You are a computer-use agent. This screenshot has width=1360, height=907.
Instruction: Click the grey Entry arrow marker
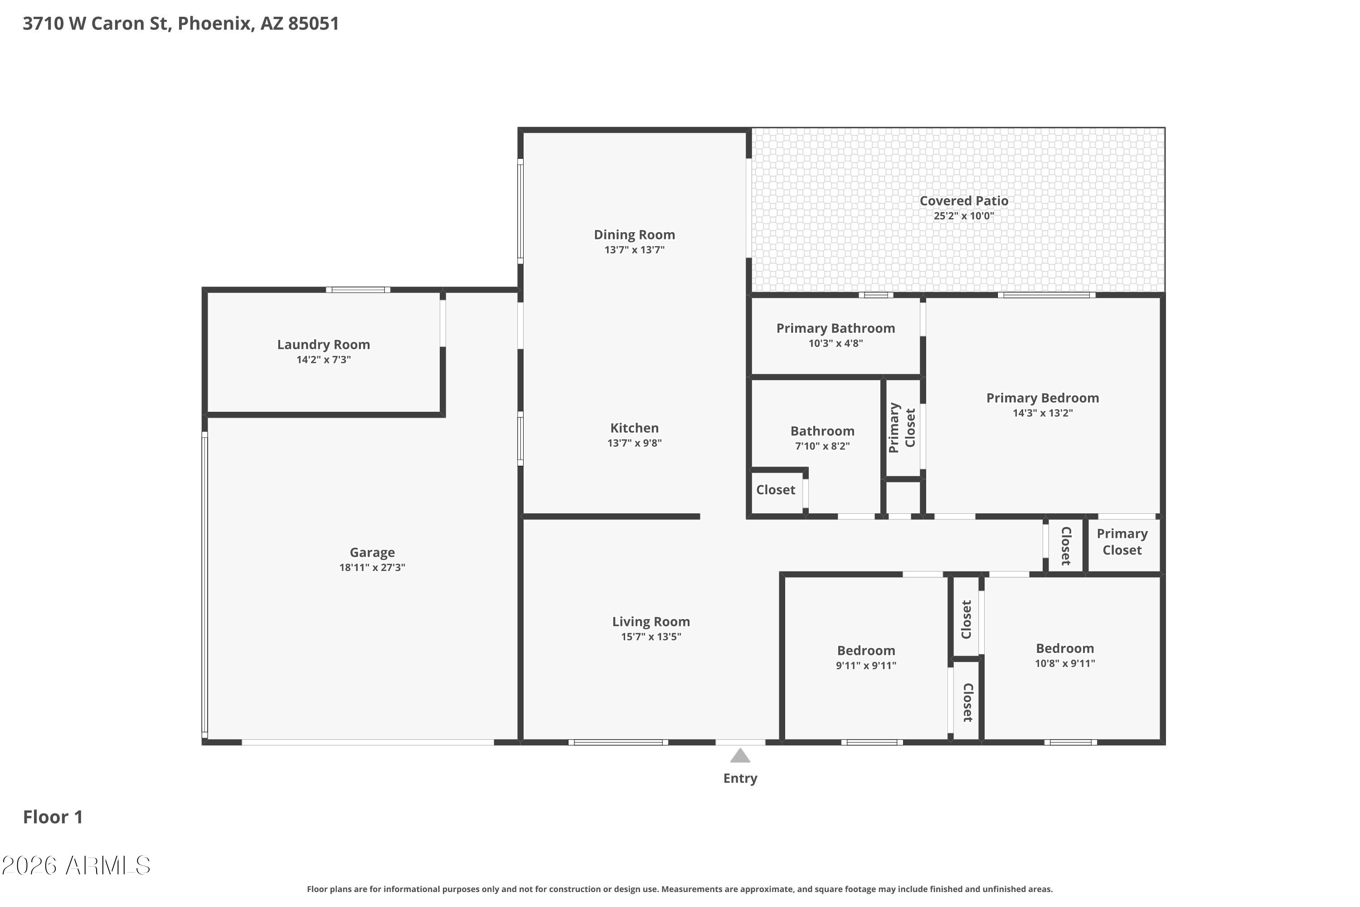click(x=740, y=756)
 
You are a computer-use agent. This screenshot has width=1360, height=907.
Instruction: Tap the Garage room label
click(x=372, y=552)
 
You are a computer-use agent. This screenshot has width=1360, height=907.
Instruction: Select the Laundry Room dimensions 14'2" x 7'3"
click(x=324, y=360)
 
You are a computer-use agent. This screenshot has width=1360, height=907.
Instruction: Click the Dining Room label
click(x=634, y=235)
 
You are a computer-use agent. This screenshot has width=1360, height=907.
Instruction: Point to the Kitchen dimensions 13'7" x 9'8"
click(x=634, y=443)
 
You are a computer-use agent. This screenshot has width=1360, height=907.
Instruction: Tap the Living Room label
click(x=651, y=622)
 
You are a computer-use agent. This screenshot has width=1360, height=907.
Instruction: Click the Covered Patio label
click(x=964, y=201)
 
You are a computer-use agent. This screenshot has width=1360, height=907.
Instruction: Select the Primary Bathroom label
click(x=835, y=328)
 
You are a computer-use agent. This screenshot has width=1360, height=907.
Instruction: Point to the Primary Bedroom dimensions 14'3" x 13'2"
click(x=1043, y=413)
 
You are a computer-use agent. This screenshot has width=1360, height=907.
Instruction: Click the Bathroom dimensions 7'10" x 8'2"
click(x=822, y=446)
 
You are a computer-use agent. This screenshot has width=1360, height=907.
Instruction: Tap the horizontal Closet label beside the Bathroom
click(x=775, y=490)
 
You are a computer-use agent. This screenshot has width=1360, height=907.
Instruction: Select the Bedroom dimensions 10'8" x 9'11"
click(x=1065, y=663)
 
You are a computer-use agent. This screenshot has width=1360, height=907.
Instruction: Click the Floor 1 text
click(x=53, y=817)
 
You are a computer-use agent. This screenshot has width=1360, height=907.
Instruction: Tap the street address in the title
click(x=181, y=23)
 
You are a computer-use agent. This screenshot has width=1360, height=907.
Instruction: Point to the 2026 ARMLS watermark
click(x=76, y=865)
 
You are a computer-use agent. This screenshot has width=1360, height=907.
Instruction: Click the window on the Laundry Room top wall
click(x=358, y=290)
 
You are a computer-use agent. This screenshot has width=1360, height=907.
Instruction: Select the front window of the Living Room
click(x=618, y=742)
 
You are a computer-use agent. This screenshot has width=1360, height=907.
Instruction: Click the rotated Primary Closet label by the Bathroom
click(x=902, y=428)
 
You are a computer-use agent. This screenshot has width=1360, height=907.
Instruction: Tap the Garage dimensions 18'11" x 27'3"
click(x=372, y=567)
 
